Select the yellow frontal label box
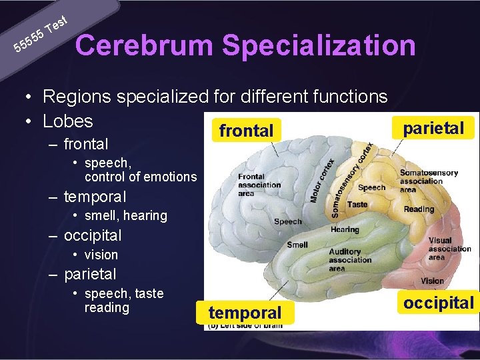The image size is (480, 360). coord(246,131)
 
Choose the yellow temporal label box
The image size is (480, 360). coord(245,312)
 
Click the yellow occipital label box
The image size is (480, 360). coord(438,303)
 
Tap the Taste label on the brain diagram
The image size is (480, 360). coord(357,205)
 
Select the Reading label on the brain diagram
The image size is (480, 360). coord(419,209)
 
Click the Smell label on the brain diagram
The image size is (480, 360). coord(297,245)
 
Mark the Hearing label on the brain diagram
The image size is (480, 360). coord(345,229)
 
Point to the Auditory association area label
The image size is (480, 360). coord(350,260)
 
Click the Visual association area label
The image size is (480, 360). coord(449,249)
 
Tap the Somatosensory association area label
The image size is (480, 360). coord(429,181)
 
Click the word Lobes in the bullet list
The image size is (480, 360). coord(68,121)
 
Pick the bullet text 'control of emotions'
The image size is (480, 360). coord(141,177)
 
